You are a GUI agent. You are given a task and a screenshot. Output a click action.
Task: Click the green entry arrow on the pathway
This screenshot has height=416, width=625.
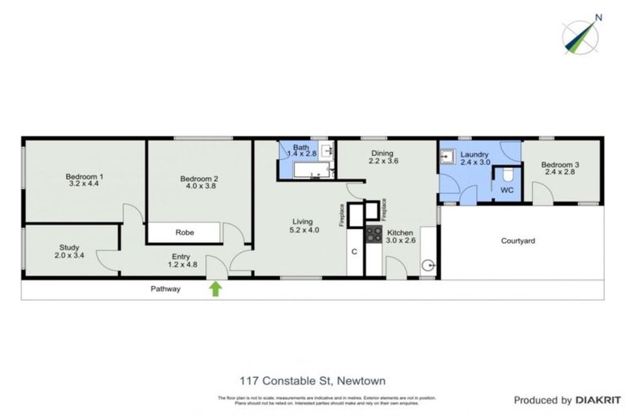(216, 288)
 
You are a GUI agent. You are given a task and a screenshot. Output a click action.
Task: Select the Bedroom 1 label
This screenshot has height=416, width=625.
(84, 177)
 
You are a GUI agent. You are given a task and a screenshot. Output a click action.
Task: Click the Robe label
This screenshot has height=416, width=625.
(185, 232)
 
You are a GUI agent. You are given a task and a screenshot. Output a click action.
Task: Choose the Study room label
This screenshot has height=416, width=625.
(69, 248)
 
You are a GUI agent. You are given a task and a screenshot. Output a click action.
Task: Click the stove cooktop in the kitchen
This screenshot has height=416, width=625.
(374, 235)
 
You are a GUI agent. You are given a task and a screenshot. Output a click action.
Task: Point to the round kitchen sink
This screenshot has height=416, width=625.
(429, 265)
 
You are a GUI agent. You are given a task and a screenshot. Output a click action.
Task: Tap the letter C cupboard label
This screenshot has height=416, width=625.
(355, 251)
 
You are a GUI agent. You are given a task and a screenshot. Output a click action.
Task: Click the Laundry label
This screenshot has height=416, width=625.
(474, 154)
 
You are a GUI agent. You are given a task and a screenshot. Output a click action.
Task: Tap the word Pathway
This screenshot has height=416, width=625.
(165, 288)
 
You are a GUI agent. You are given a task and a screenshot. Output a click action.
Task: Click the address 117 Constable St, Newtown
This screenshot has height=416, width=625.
(312, 380)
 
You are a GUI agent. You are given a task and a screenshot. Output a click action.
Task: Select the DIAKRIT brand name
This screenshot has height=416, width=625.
(599, 400)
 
